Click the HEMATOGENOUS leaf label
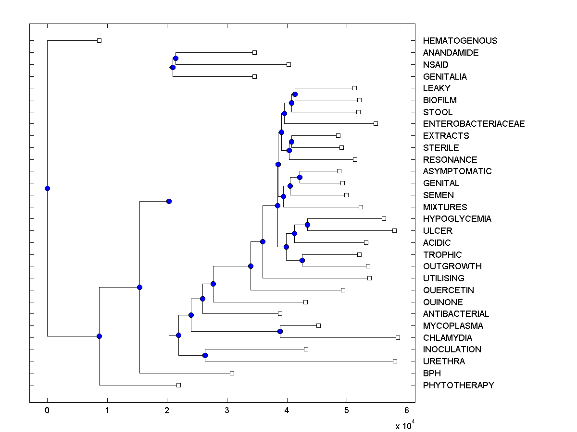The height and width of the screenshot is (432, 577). point(460,41)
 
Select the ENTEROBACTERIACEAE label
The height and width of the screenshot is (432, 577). point(474,124)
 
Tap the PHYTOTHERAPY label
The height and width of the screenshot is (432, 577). point(458,385)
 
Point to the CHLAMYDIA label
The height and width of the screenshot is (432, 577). point(447,337)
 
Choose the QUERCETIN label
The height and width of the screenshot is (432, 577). point(448,290)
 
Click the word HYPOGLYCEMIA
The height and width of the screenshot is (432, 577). point(457,219)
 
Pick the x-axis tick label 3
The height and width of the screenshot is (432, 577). point(227,410)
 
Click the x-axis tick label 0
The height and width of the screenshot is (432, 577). point(47,410)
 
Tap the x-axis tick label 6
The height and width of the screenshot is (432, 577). point(407,410)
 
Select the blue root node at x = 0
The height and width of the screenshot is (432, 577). point(47,188)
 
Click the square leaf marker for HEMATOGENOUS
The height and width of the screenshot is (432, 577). point(99,40)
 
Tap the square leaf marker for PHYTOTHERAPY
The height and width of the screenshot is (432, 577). point(178,385)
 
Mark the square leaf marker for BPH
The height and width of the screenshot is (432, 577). point(232,373)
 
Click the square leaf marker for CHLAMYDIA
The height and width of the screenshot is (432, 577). point(398,337)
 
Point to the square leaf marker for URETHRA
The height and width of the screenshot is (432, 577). point(395,361)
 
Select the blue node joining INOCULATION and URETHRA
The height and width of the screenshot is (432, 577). point(205,355)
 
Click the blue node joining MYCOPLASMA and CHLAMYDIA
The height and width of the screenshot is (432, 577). point(280,331)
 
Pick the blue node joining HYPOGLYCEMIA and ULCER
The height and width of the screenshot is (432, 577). point(307,225)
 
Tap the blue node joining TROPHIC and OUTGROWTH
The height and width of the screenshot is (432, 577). point(302,260)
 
